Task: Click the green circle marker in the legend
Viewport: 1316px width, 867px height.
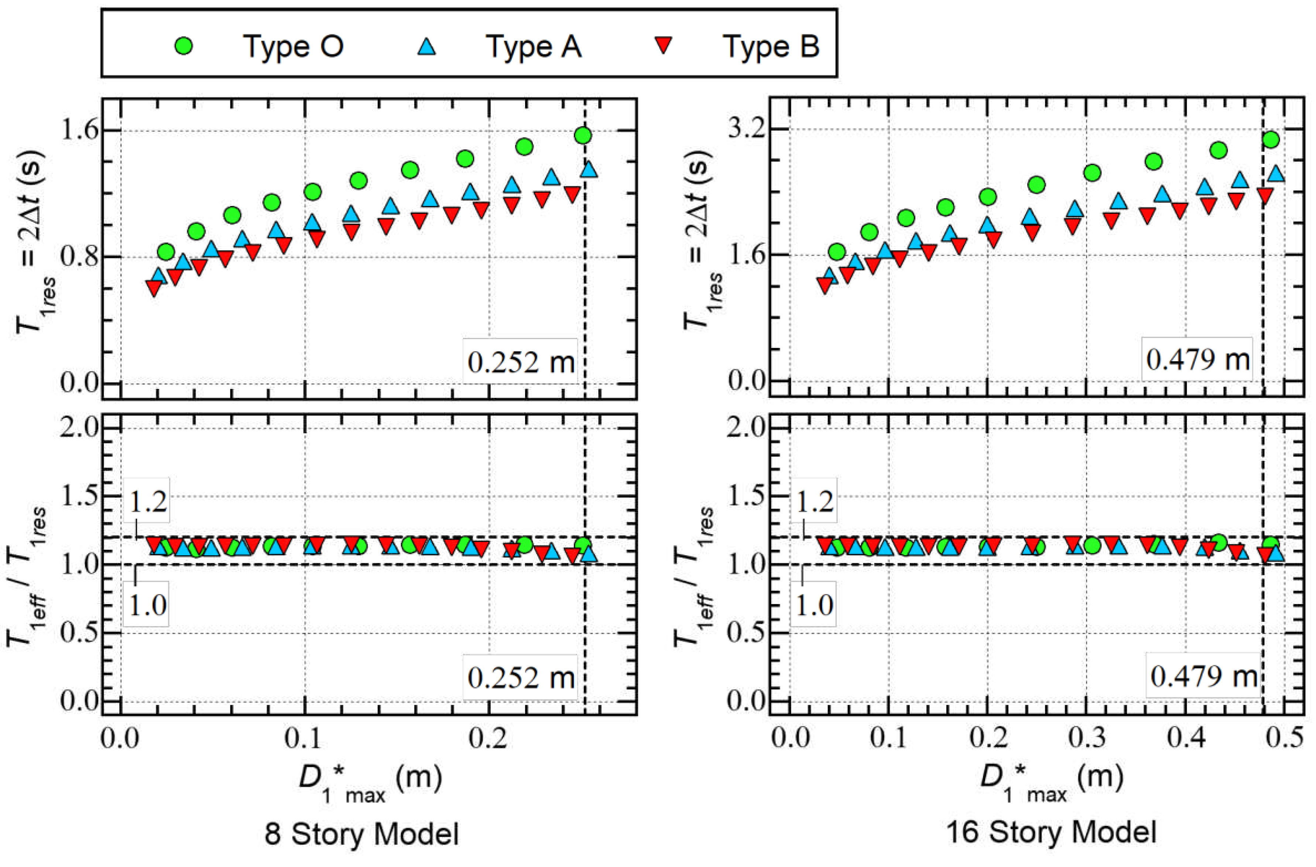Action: point(183,45)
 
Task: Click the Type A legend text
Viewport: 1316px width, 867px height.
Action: point(533,46)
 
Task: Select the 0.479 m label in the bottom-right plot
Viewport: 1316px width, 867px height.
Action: point(1203,676)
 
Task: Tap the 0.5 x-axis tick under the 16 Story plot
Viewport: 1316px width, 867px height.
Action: point(1285,739)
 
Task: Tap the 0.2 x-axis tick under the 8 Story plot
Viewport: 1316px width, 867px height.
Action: point(488,739)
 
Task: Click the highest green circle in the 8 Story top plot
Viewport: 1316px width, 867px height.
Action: point(583,135)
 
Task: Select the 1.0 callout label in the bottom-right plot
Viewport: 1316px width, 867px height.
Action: point(814,605)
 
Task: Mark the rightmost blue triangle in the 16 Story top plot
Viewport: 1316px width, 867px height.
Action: point(1276,174)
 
